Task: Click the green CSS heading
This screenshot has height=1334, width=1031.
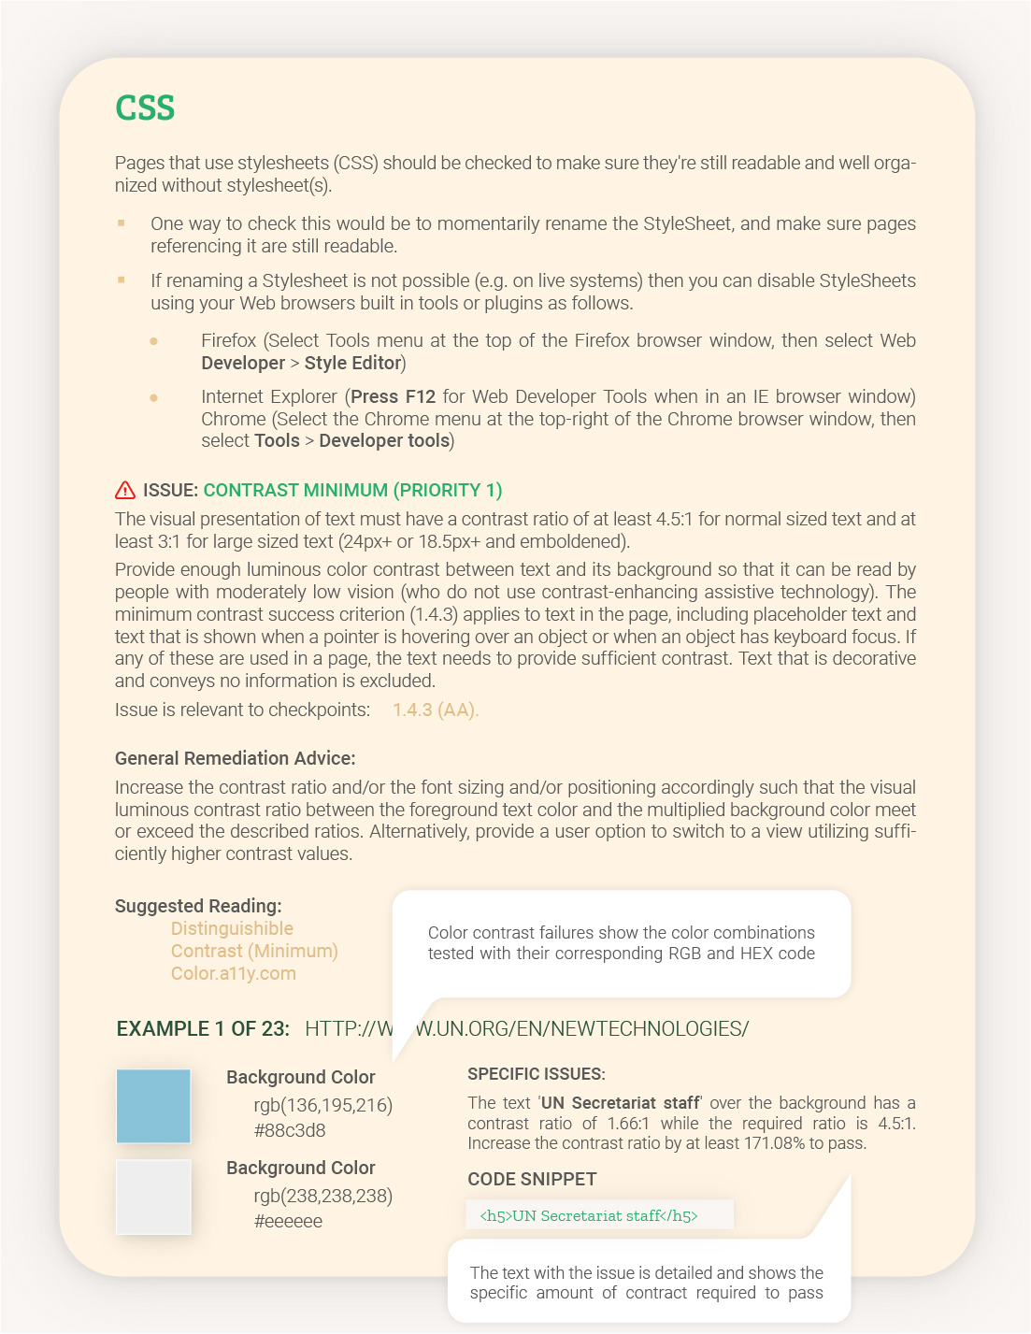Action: tap(145, 108)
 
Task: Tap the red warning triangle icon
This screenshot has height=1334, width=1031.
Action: tap(125, 490)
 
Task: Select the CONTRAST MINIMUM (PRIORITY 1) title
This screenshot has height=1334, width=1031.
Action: tap(352, 490)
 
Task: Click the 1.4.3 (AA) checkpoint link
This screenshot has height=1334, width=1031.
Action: tap(435, 710)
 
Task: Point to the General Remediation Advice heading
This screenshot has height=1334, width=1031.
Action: tap(235, 758)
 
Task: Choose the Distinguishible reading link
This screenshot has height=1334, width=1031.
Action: tap(232, 928)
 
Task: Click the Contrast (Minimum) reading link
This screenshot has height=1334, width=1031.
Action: tap(254, 951)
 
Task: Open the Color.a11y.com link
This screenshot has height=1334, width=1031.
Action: tap(233, 973)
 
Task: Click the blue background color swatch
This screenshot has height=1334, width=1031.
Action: tap(153, 1106)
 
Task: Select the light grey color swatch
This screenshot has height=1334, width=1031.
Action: tap(153, 1197)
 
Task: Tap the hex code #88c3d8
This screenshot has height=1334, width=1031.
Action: tap(290, 1130)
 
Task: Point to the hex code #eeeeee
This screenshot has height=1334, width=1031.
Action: tap(288, 1221)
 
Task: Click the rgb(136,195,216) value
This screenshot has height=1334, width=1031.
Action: tap(322, 1105)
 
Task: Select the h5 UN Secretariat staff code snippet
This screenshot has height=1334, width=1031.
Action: tap(589, 1215)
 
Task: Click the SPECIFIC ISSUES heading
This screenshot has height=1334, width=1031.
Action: tap(537, 1074)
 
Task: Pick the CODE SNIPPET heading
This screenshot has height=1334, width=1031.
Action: tap(532, 1179)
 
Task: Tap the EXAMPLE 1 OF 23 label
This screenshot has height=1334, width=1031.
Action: tap(203, 1028)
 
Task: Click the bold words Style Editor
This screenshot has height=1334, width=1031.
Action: tap(352, 363)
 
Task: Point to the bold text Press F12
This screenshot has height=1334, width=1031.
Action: tap(393, 396)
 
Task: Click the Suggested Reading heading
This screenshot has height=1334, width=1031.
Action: tap(198, 906)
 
